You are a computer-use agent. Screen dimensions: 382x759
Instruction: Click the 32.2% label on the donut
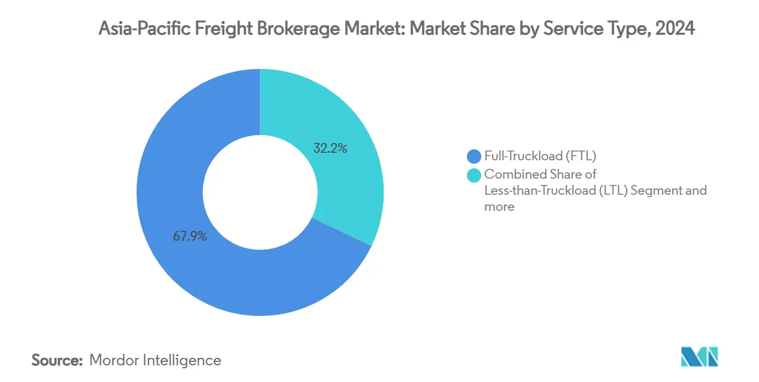click(330, 149)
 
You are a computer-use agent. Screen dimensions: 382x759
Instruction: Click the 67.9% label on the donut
click(190, 236)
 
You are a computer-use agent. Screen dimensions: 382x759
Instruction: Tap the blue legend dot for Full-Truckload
click(474, 156)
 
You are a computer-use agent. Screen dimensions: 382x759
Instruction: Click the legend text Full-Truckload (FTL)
click(540, 156)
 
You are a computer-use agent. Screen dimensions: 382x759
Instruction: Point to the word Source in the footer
click(57, 360)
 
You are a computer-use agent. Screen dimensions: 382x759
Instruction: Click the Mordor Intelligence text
click(155, 360)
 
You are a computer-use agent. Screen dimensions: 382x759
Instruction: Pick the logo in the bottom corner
click(699, 357)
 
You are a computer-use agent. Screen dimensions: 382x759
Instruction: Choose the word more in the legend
click(499, 207)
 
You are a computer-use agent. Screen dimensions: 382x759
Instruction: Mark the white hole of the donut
click(260, 192)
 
